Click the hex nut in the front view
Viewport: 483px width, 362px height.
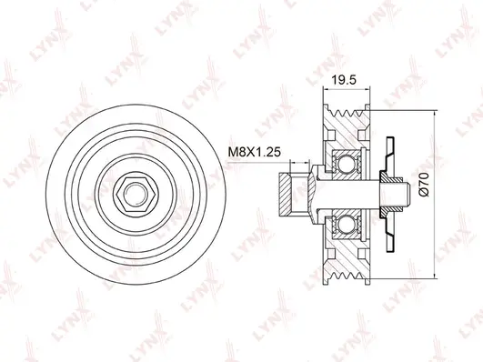(133, 192)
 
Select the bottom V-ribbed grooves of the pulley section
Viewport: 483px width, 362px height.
(347, 270)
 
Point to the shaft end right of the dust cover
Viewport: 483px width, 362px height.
(405, 193)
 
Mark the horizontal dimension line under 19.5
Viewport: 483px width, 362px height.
(346, 91)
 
